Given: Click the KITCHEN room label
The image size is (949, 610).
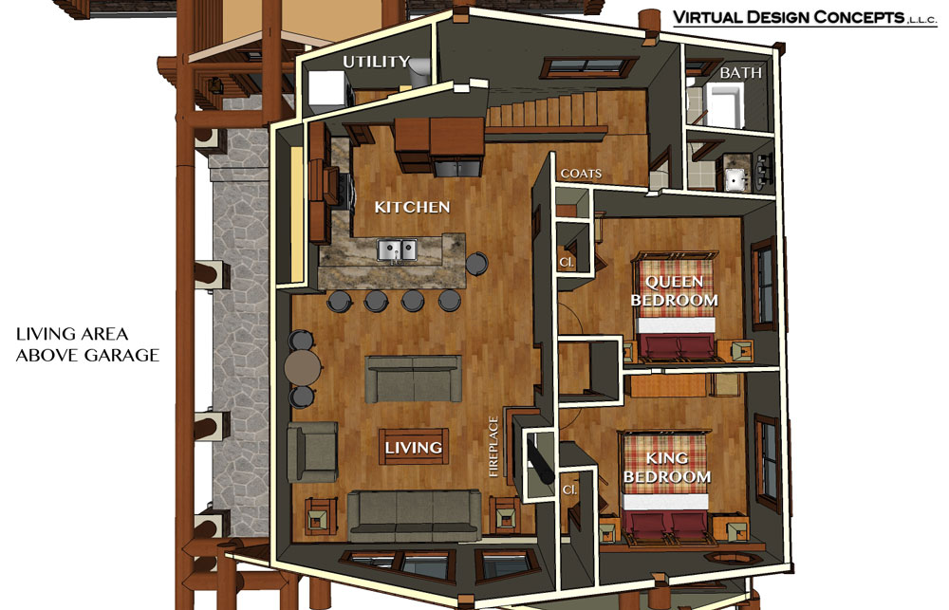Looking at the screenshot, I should (412, 207).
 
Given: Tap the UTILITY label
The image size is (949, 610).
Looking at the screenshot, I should (376, 62).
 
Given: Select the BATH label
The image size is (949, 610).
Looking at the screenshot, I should (741, 72).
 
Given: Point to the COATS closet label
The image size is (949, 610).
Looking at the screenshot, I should (581, 175).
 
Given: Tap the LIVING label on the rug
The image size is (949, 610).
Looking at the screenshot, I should (414, 447).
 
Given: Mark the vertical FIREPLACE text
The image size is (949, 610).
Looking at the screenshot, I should (494, 444).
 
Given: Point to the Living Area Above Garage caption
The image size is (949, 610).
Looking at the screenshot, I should (86, 345).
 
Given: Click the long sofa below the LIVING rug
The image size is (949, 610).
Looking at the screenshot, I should (414, 513).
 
